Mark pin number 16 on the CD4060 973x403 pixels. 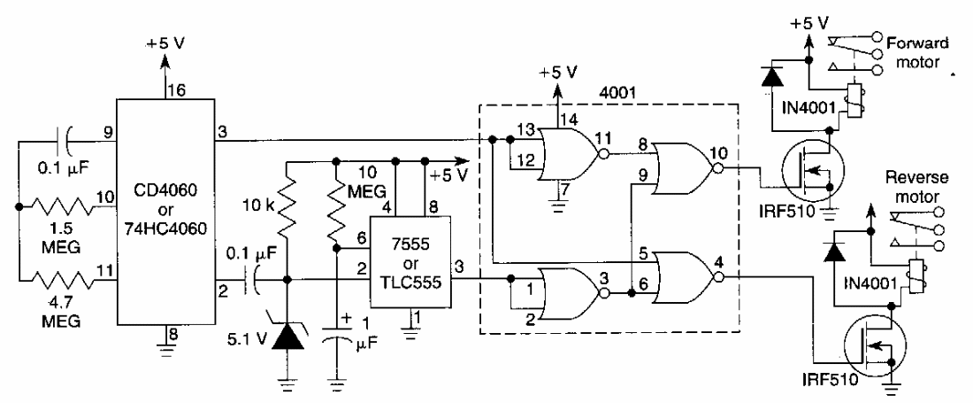tap(167, 91)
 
